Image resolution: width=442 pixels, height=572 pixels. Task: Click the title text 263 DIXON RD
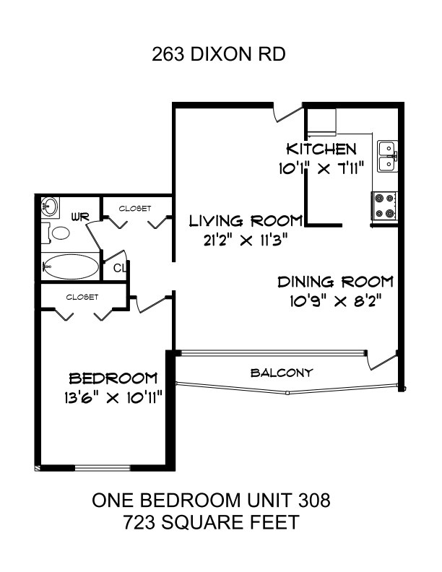pos(218,55)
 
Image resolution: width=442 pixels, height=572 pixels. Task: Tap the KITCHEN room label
pos(321,149)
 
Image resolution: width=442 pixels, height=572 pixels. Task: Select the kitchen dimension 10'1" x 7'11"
pos(321,168)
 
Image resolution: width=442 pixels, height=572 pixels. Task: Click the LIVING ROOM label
pos(246,221)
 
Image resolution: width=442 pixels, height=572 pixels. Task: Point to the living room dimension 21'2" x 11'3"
pos(246,240)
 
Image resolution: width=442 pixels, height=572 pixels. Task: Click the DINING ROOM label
pos(336,282)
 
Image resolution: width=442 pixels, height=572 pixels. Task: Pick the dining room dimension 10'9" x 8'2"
pos(336,301)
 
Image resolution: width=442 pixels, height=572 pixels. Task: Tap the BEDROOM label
pos(113,378)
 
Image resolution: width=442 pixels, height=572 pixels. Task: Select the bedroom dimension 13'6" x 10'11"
pos(113,398)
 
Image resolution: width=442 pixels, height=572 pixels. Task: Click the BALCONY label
pos(282,373)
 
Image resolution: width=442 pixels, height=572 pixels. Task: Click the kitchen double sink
pos(388,156)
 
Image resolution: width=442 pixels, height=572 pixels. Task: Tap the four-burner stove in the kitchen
pos(385,206)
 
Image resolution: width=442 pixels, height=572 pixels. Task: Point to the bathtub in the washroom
pos(71,266)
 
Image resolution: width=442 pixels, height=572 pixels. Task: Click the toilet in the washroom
pos(56,233)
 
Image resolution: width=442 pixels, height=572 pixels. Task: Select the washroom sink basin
pos(50,207)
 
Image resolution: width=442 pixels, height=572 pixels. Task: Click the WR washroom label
pos(80,217)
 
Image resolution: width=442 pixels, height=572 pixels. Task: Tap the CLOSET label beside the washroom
pos(135,208)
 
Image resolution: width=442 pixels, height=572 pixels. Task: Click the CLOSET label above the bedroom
pos(82,297)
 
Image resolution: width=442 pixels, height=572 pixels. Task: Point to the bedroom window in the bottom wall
pos(103,468)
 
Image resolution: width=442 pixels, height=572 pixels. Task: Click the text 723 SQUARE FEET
pos(211,522)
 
